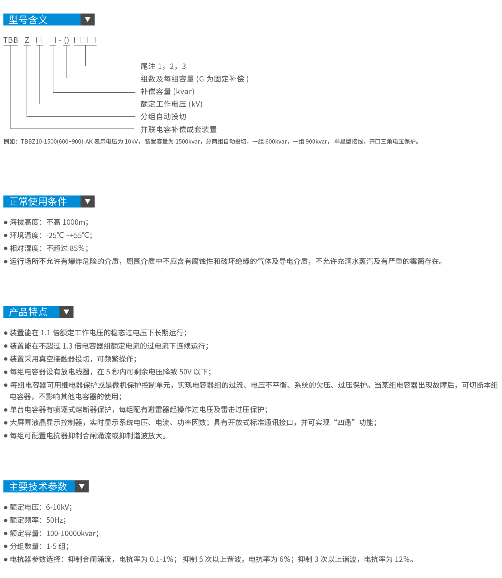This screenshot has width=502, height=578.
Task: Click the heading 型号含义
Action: pos(28,20)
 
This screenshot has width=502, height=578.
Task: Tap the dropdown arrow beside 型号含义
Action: pos(88,19)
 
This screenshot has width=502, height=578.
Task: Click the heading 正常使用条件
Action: pos(38,201)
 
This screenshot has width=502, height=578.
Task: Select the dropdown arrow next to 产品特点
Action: pos(66,312)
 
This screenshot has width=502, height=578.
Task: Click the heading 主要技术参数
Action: pos(38,486)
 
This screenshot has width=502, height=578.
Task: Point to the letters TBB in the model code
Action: pos(11,40)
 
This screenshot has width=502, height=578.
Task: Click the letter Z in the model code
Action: pos(27,40)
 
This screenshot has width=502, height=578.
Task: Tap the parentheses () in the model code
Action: pos(66,40)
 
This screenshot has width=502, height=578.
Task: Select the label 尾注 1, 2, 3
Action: pos(163,66)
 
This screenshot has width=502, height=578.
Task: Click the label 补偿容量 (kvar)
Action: pos(168,92)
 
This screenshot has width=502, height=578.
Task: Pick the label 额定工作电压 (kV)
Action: pos(172,104)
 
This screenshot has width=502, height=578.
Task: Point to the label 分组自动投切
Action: pos(163,117)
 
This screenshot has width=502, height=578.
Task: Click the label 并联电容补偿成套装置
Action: pos(179,129)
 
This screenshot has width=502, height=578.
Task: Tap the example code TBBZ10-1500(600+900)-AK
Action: pos(57,141)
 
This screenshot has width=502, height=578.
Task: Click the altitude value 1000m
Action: pos(74,222)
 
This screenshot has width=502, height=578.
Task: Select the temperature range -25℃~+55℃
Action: pos(69,236)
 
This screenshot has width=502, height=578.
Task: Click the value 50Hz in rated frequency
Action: pos(55,520)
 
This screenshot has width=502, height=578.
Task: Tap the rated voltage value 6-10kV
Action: pos(58,507)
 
